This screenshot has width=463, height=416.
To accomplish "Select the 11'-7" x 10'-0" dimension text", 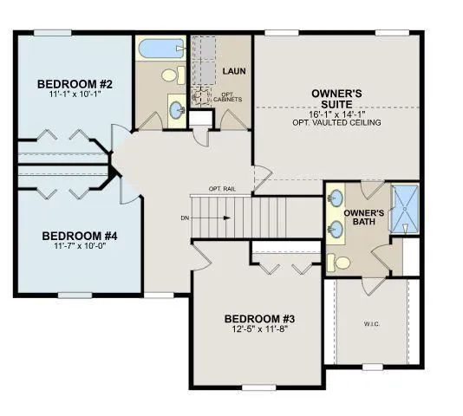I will (x=79, y=245).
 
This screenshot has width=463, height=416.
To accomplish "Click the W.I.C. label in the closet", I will (x=371, y=325).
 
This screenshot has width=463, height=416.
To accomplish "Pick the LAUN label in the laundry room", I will (x=232, y=70).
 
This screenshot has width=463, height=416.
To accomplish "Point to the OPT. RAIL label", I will (x=222, y=189).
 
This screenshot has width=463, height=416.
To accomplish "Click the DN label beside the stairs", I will (x=185, y=218).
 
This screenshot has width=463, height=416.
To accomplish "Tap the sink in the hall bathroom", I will (x=176, y=110).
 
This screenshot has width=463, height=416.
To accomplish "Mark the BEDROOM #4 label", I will (x=79, y=235).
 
